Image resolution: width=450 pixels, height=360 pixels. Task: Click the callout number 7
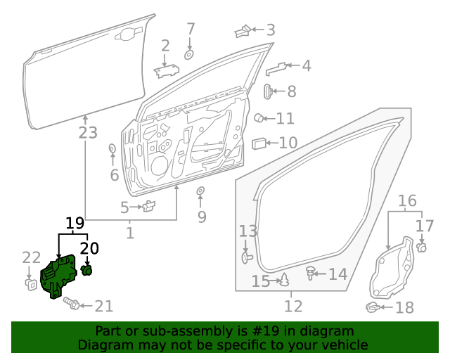190,30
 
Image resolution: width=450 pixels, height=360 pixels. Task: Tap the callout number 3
270,30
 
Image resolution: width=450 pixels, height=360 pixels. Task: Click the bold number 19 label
75,224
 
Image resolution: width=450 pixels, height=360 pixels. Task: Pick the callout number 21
103,306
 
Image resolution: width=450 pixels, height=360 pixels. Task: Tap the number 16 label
407,202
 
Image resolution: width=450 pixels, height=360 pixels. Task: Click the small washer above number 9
200,191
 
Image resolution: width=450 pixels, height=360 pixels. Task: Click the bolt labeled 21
72,303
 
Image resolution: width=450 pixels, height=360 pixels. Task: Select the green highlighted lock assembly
59,278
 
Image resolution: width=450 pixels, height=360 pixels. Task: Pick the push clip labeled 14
310,272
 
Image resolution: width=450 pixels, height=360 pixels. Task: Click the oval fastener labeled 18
373,307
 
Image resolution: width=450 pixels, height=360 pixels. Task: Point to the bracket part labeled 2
166,70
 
